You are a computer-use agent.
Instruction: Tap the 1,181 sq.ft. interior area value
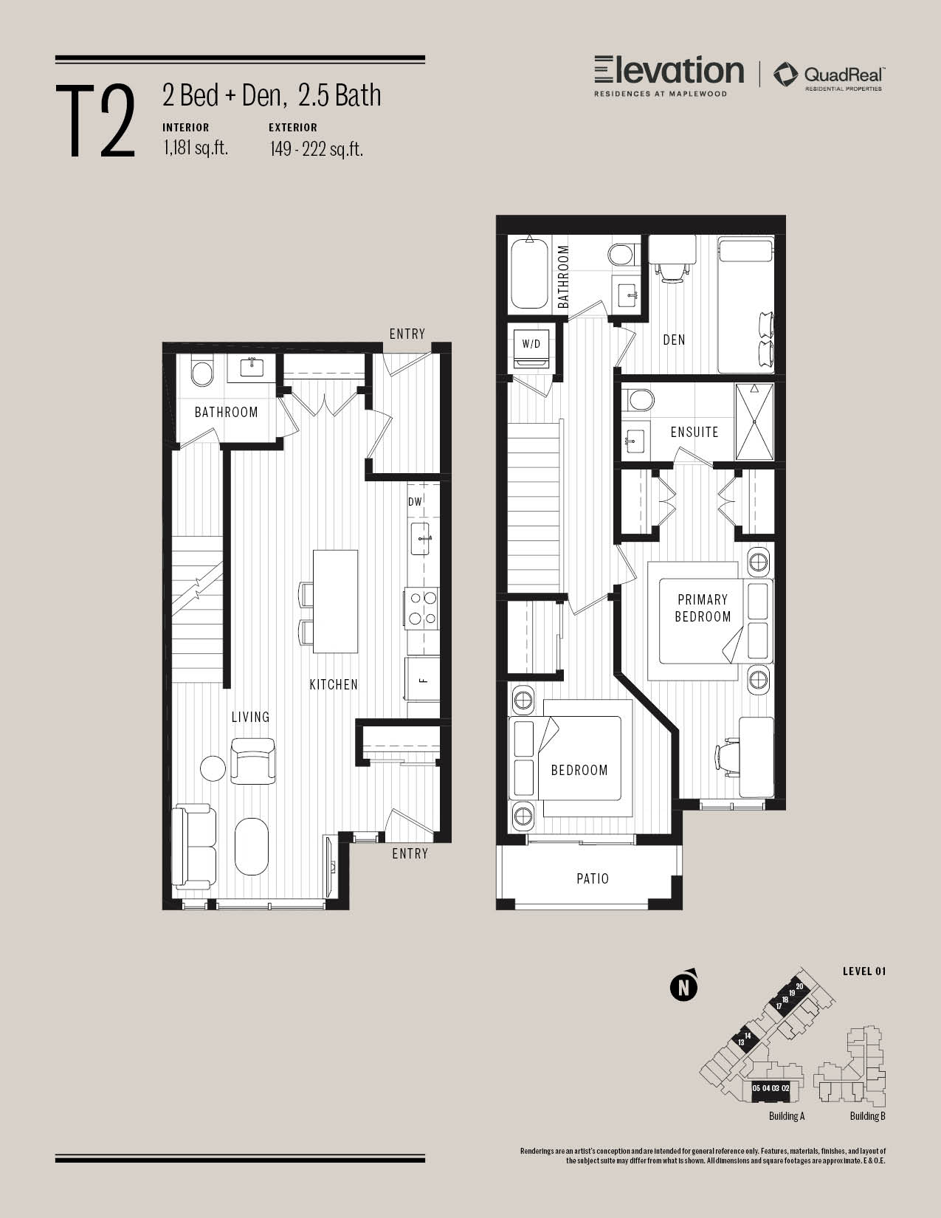coord(196,148)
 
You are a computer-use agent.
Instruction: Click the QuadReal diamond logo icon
coord(786,75)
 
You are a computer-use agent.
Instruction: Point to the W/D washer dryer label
coord(531,343)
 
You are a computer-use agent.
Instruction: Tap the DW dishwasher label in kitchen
coord(415,502)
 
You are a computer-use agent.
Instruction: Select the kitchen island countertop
coord(335,602)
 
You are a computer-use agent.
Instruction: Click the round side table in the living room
coord(213,768)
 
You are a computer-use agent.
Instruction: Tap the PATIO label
coord(593,878)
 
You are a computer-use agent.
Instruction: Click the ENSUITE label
coord(694,432)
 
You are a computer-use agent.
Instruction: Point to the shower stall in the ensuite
coord(754,422)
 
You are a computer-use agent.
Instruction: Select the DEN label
coord(674,340)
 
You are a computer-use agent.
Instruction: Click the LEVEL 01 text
coord(864,972)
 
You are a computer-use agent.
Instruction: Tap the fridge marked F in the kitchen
coord(423,680)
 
